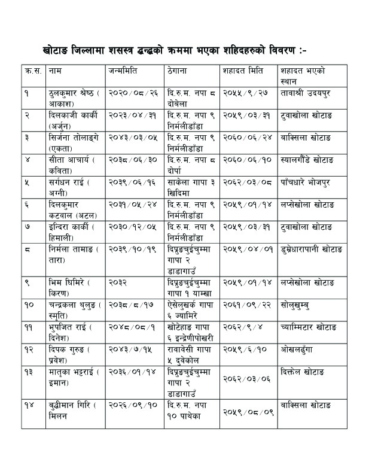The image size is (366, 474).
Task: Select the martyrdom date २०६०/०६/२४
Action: click(245, 137)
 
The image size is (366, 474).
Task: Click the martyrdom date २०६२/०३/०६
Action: click(245, 378)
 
